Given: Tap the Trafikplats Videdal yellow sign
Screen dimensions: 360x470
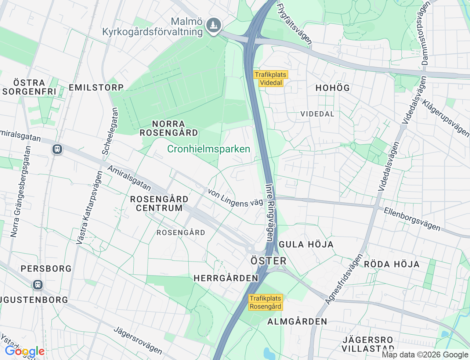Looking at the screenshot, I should [271, 79].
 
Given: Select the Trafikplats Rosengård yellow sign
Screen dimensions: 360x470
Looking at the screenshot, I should [265, 302].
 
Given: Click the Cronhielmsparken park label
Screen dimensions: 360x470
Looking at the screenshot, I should [209, 149].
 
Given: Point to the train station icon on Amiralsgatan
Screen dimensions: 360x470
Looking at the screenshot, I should [57, 149].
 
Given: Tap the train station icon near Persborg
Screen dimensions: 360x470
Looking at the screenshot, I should [37, 285].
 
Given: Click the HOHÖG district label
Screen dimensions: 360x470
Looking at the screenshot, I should [333, 88].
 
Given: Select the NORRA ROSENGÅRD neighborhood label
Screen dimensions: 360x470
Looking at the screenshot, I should [169, 128].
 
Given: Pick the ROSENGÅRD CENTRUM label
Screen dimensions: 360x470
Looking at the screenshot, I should [159, 204].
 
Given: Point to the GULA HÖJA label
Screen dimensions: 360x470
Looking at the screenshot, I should [306, 244].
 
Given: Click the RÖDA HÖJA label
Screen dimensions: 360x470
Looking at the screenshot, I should [392, 264].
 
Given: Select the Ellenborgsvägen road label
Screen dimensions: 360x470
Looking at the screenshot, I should [412, 219].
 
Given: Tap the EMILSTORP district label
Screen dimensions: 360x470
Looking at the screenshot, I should [96, 87].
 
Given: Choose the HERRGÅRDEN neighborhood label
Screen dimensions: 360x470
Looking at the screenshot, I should [226, 278].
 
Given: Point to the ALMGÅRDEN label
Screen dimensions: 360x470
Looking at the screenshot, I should [297, 321].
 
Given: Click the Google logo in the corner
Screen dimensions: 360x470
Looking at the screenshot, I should [25, 352].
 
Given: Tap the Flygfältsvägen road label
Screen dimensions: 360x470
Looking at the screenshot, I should [294, 24].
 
